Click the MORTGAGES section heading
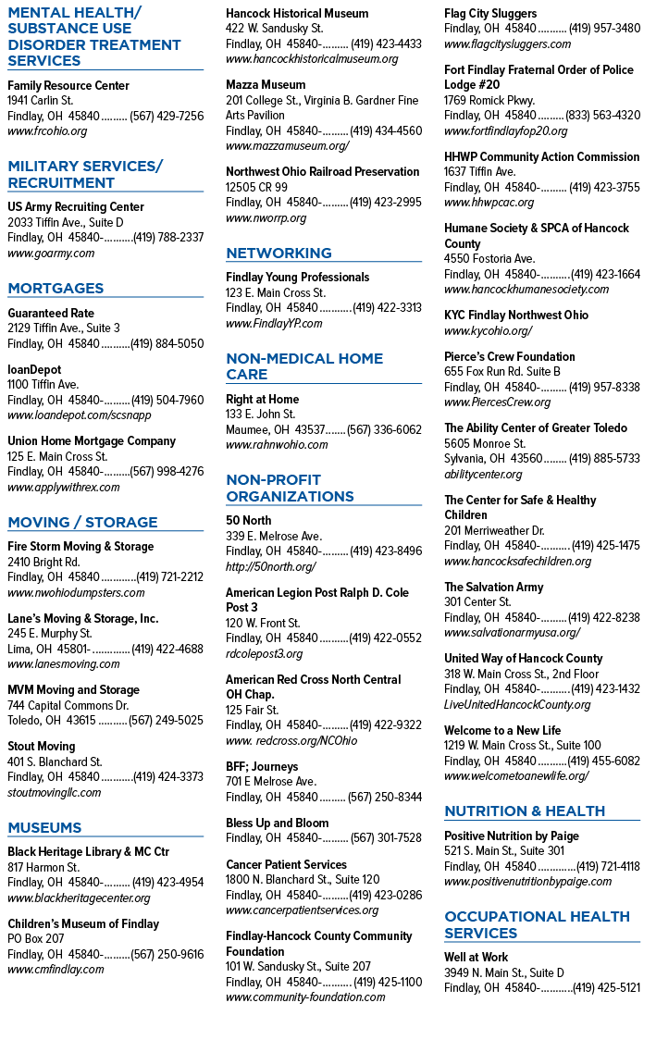pos(56,289)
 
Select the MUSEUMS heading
pos(44,828)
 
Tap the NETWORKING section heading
pos(278,254)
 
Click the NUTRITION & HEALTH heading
pos(525,811)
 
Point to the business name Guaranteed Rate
pos(51,313)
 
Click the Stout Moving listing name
pos(41,747)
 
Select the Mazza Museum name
pos(266,85)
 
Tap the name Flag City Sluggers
pos(490,13)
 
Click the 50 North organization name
pos(248,521)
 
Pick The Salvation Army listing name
pos(493,587)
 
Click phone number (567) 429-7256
pos(167,116)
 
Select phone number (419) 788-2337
pos(168,238)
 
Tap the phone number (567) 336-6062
pos(384,430)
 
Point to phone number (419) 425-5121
pos(607,987)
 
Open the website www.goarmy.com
pos(51,254)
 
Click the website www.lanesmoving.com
pos(64,664)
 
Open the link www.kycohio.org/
pos(488,331)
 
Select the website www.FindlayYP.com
pos(274,324)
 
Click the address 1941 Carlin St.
pos(40,101)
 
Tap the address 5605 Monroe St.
pos(484,444)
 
